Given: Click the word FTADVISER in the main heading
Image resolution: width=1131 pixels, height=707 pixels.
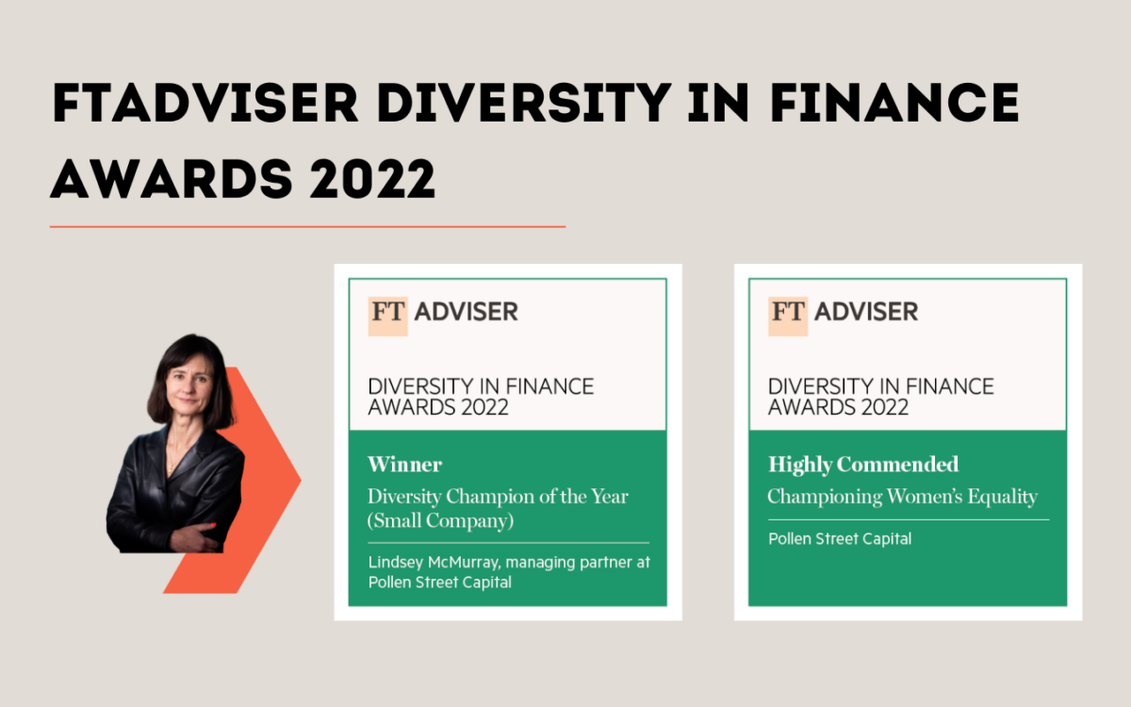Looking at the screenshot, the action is [205, 103].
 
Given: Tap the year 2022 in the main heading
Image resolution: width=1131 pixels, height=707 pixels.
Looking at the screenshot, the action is [372, 179].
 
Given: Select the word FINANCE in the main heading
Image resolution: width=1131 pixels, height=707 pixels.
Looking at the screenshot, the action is [894, 103].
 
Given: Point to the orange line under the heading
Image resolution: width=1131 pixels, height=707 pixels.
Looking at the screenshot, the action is [307, 227].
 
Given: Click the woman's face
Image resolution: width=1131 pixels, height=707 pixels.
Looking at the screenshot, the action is [189, 383].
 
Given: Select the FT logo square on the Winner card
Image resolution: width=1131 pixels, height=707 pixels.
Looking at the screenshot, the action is [387, 316].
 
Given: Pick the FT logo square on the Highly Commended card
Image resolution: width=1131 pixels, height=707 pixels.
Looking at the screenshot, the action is [788, 316].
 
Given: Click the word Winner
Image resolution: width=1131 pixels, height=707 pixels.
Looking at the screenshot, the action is [405, 465].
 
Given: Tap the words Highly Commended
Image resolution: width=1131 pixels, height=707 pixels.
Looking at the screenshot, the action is [863, 465].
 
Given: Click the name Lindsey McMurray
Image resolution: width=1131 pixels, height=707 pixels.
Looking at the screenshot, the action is [434, 563].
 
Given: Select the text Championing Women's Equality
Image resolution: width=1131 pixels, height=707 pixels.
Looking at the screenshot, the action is [902, 497].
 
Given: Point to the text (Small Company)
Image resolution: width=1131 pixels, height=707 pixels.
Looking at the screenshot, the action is [440, 521].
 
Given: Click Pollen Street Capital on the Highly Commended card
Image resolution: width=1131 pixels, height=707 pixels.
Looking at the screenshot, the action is [840, 539].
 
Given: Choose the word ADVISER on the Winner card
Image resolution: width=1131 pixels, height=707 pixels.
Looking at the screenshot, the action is [466, 312].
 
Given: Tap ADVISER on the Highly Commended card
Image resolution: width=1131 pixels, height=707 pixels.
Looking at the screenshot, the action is [866, 312].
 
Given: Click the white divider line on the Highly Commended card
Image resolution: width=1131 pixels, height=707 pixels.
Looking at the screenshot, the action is [909, 519].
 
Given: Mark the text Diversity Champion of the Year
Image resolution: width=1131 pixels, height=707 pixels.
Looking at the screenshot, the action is [498, 497].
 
